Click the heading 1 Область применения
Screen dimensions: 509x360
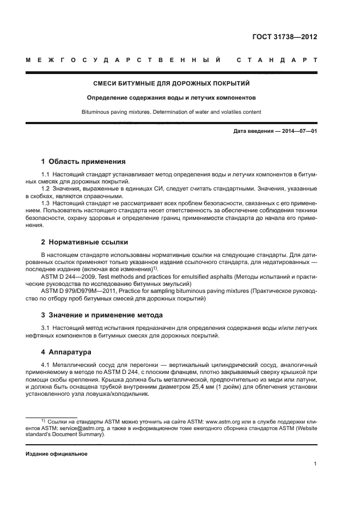(x=83, y=161)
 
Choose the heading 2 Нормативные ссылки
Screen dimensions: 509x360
(x=84, y=242)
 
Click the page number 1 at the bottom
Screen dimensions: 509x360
(x=315, y=464)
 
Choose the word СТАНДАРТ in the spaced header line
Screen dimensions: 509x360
(x=277, y=59)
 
